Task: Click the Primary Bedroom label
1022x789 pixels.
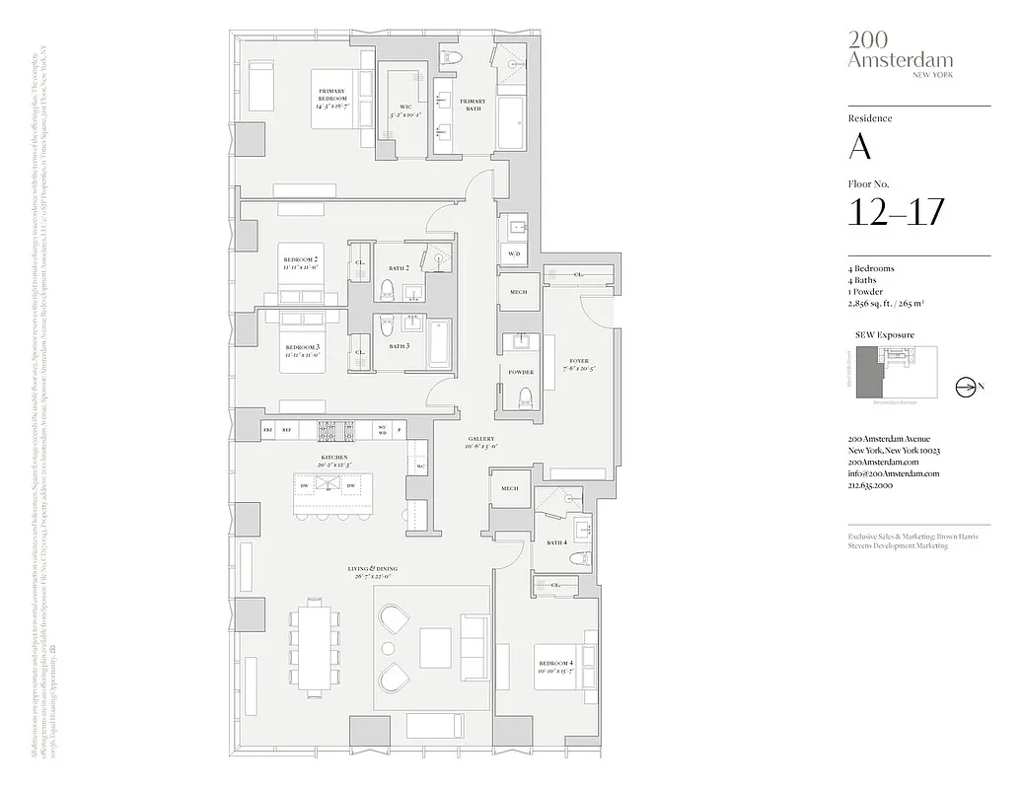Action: [x=331, y=96]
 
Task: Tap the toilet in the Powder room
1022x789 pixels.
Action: [x=524, y=396]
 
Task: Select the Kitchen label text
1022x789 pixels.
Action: [x=333, y=459]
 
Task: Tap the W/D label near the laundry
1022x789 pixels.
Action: [x=514, y=253]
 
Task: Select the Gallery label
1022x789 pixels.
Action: [x=481, y=442]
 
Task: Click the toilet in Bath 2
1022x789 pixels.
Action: [x=387, y=289]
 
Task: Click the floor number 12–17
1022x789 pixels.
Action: [x=896, y=212]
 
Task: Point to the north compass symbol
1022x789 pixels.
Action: [x=964, y=388]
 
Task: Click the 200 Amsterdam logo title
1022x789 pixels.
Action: [x=900, y=50]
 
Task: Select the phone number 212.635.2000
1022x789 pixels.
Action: [x=870, y=486]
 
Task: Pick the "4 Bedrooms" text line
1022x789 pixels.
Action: [x=870, y=269]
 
